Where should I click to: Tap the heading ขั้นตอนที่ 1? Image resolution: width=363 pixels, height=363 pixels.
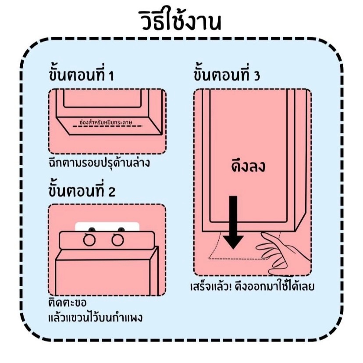point(81,75)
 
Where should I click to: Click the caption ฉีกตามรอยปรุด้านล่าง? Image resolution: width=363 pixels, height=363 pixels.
point(99,163)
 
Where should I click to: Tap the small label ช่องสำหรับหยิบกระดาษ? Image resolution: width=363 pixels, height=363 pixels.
point(107,121)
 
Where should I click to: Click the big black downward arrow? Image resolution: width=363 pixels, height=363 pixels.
point(233,221)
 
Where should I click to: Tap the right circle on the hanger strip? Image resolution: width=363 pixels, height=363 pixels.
point(117,240)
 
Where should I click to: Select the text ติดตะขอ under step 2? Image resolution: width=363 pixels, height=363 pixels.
point(67,303)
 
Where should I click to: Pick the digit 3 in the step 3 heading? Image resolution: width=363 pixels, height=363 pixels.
point(256,76)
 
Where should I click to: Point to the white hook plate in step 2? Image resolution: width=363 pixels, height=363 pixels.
point(107,226)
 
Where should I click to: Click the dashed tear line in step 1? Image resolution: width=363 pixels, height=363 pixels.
point(107,126)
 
